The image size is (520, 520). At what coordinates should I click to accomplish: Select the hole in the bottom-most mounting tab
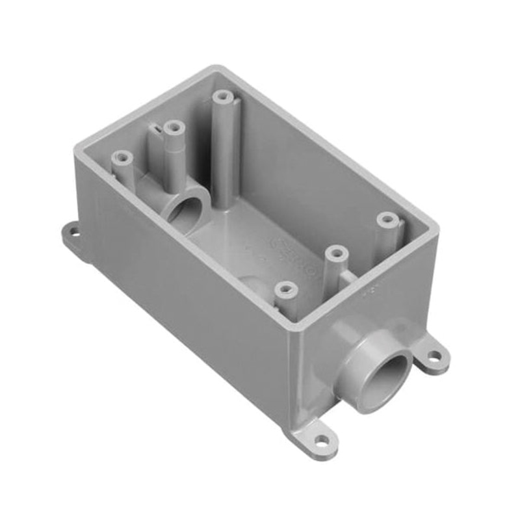[x=320, y=441]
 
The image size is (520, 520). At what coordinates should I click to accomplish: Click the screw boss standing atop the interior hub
[x=172, y=127]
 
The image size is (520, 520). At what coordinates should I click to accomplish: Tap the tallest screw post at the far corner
[x=223, y=97]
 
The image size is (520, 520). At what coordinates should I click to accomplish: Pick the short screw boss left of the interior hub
[x=121, y=157]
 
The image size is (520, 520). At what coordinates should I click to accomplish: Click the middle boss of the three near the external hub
[x=335, y=252]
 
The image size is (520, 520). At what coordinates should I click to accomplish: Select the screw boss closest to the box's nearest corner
[x=284, y=287]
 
